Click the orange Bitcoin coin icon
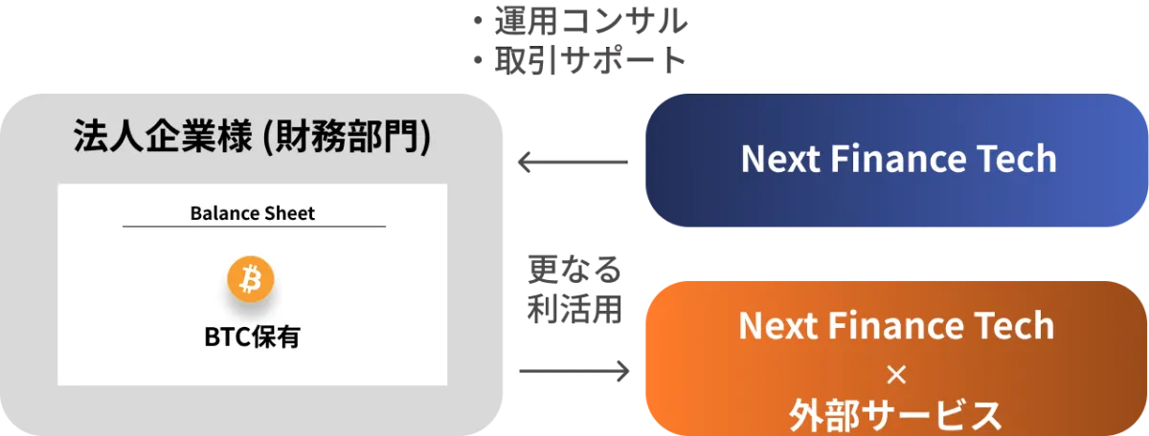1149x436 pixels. coord(251,278)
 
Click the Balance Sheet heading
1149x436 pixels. coord(253,213)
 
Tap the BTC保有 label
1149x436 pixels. coord(253,338)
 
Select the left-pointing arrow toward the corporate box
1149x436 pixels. coord(573,162)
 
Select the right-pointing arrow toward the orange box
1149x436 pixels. coord(574,371)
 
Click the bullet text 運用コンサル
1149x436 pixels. coord(591,21)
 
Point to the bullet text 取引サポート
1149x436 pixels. coord(591,60)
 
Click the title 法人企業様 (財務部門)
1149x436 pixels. coord(253,137)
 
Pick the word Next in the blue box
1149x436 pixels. coord(781,159)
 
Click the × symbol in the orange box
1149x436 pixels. coord(896,375)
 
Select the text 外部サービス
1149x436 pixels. coord(895,416)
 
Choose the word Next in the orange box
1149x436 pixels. coord(778,326)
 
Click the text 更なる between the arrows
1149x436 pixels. coord(575,270)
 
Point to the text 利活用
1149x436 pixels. coord(575,310)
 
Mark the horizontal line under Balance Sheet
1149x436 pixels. coord(254,226)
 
